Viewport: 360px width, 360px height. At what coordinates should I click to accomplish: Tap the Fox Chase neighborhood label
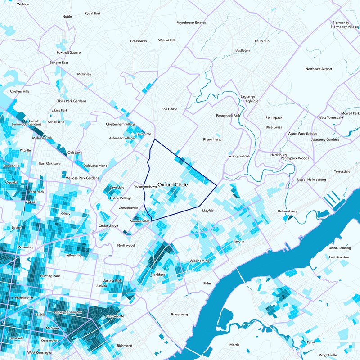pos(170,109)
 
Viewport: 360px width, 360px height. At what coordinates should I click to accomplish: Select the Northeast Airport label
pos(319,69)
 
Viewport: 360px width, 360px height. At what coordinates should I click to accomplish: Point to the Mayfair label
pos(207,211)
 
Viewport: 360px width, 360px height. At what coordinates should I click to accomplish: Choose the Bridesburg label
pos(180,315)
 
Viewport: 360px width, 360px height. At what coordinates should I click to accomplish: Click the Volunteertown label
pos(145,186)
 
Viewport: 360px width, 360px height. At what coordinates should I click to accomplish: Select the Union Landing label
pos(340,248)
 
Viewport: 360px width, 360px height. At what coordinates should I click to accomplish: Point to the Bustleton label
pos(243,50)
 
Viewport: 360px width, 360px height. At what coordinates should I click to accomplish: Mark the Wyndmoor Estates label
pos(191,22)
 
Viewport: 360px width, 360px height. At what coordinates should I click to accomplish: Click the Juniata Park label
pos(112,281)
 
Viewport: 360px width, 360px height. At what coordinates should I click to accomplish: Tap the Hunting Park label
pos(50,275)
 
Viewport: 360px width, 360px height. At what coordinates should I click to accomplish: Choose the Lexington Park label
pos(238,156)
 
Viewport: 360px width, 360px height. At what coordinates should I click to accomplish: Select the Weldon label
pos(23,4)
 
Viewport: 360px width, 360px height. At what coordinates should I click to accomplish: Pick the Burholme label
pos(143,134)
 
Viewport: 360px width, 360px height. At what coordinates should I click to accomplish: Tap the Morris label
pos(234,345)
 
